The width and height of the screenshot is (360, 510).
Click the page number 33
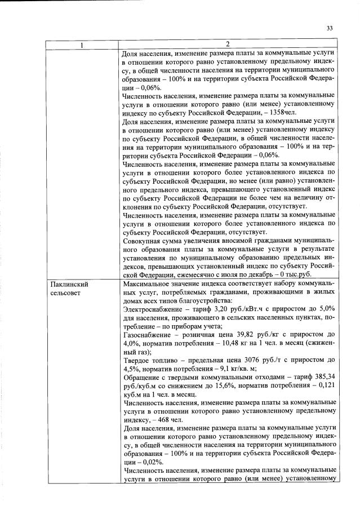[x=330, y=28]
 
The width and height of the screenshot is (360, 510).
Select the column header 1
[x=83, y=45]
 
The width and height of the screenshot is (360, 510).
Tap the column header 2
[x=228, y=45]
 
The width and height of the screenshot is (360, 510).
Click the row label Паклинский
[x=69, y=285]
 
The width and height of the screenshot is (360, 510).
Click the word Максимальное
[x=145, y=285]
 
